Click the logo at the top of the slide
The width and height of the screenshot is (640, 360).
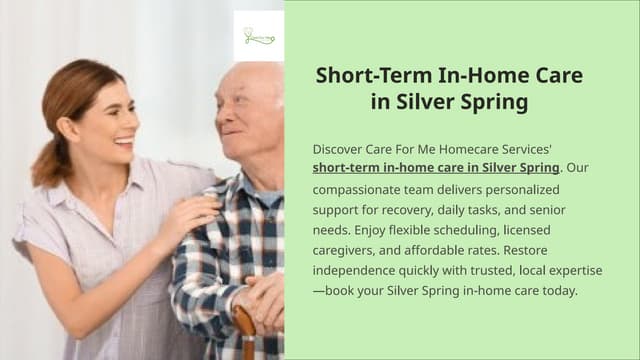(x=258, y=37)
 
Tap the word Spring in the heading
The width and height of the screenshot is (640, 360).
(x=493, y=102)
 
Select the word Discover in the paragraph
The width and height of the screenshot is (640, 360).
(x=339, y=146)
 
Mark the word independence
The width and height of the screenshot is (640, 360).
(x=353, y=271)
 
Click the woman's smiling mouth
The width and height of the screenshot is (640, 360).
(x=125, y=141)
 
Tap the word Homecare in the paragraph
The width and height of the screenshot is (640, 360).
(x=481, y=146)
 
